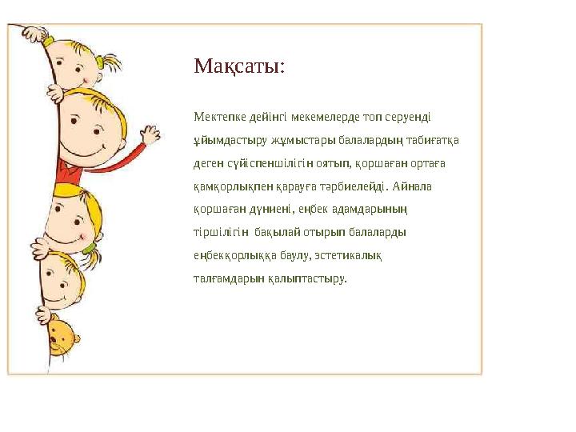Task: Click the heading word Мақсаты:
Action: tap(238, 66)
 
